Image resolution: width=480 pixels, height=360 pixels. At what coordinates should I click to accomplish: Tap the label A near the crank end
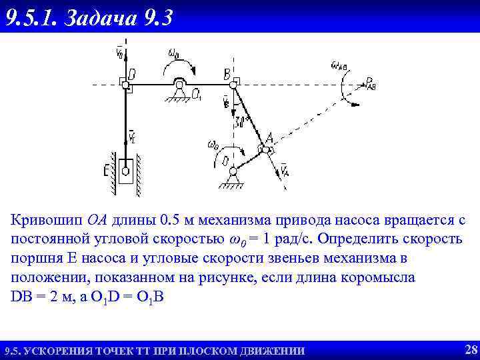tap(269, 139)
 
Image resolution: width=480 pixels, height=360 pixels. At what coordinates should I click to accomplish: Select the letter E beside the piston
tap(107, 172)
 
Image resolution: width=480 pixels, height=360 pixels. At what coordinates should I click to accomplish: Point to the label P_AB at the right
tap(371, 83)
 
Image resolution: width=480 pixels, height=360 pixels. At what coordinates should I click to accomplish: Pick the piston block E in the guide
tap(126, 173)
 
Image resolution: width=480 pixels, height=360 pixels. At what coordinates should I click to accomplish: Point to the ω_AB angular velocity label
tap(338, 65)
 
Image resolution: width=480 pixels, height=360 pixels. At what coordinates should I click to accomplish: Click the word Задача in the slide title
tap(101, 17)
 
